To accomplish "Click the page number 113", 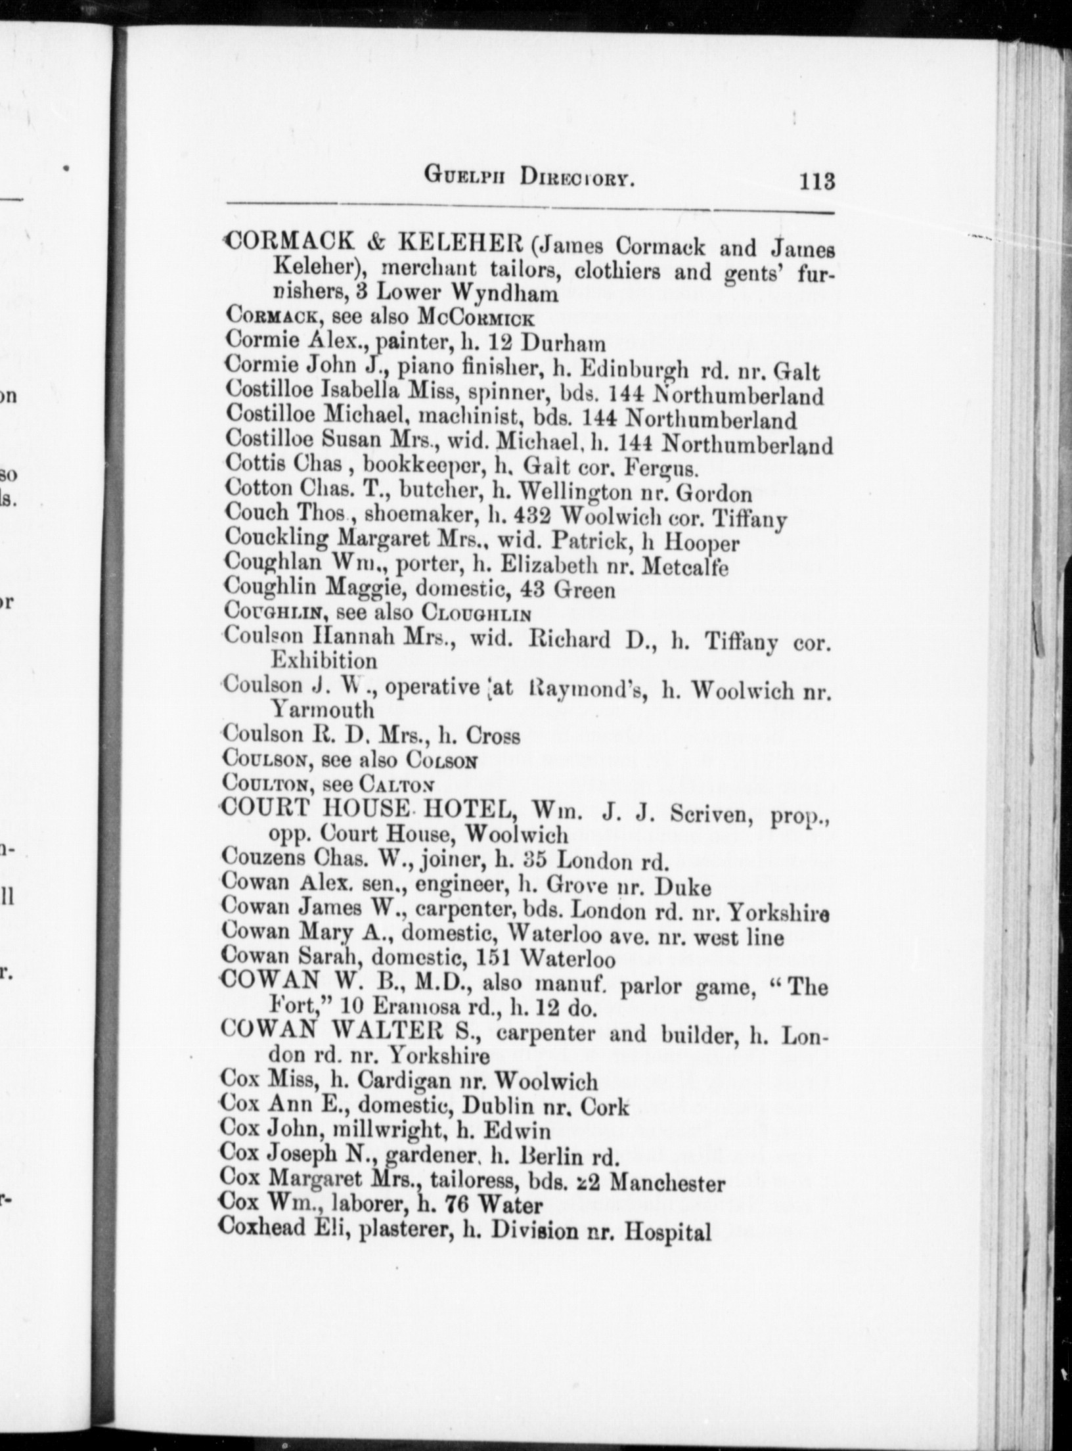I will [816, 180].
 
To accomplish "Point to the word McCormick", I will [476, 318].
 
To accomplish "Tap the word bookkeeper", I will [424, 467].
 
